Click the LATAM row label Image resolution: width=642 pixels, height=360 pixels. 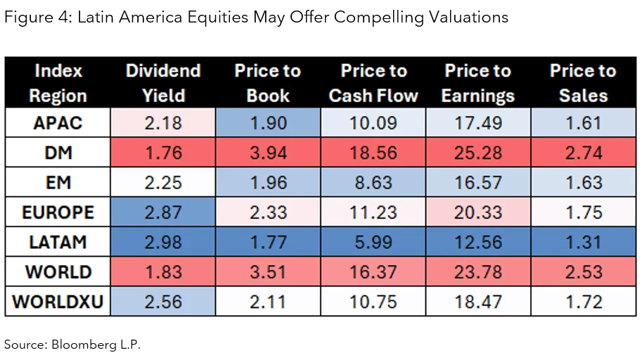58,242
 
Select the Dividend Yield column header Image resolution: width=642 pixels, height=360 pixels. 163,83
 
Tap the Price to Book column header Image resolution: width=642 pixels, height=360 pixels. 267,83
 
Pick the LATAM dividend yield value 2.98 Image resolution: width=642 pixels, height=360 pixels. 163,242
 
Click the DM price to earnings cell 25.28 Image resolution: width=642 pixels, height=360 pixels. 477,153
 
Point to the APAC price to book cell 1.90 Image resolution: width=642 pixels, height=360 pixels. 267,123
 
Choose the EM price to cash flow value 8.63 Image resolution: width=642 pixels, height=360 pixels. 373,182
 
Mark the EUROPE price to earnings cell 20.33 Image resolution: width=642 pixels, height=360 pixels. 477,212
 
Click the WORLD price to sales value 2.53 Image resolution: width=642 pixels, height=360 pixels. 582,272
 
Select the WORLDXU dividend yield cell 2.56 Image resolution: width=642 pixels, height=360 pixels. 163,302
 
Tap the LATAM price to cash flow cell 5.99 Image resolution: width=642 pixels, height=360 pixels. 373,242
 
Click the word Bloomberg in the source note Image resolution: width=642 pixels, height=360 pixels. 78,345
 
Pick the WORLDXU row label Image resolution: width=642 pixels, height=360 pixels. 58,302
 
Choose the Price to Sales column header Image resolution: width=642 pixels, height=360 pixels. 582,83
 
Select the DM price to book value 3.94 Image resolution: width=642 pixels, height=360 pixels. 267,153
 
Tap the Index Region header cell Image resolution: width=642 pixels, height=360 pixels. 58,83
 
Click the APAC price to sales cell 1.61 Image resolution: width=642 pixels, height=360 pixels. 582,123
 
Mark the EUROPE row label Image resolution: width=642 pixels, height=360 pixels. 58,212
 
